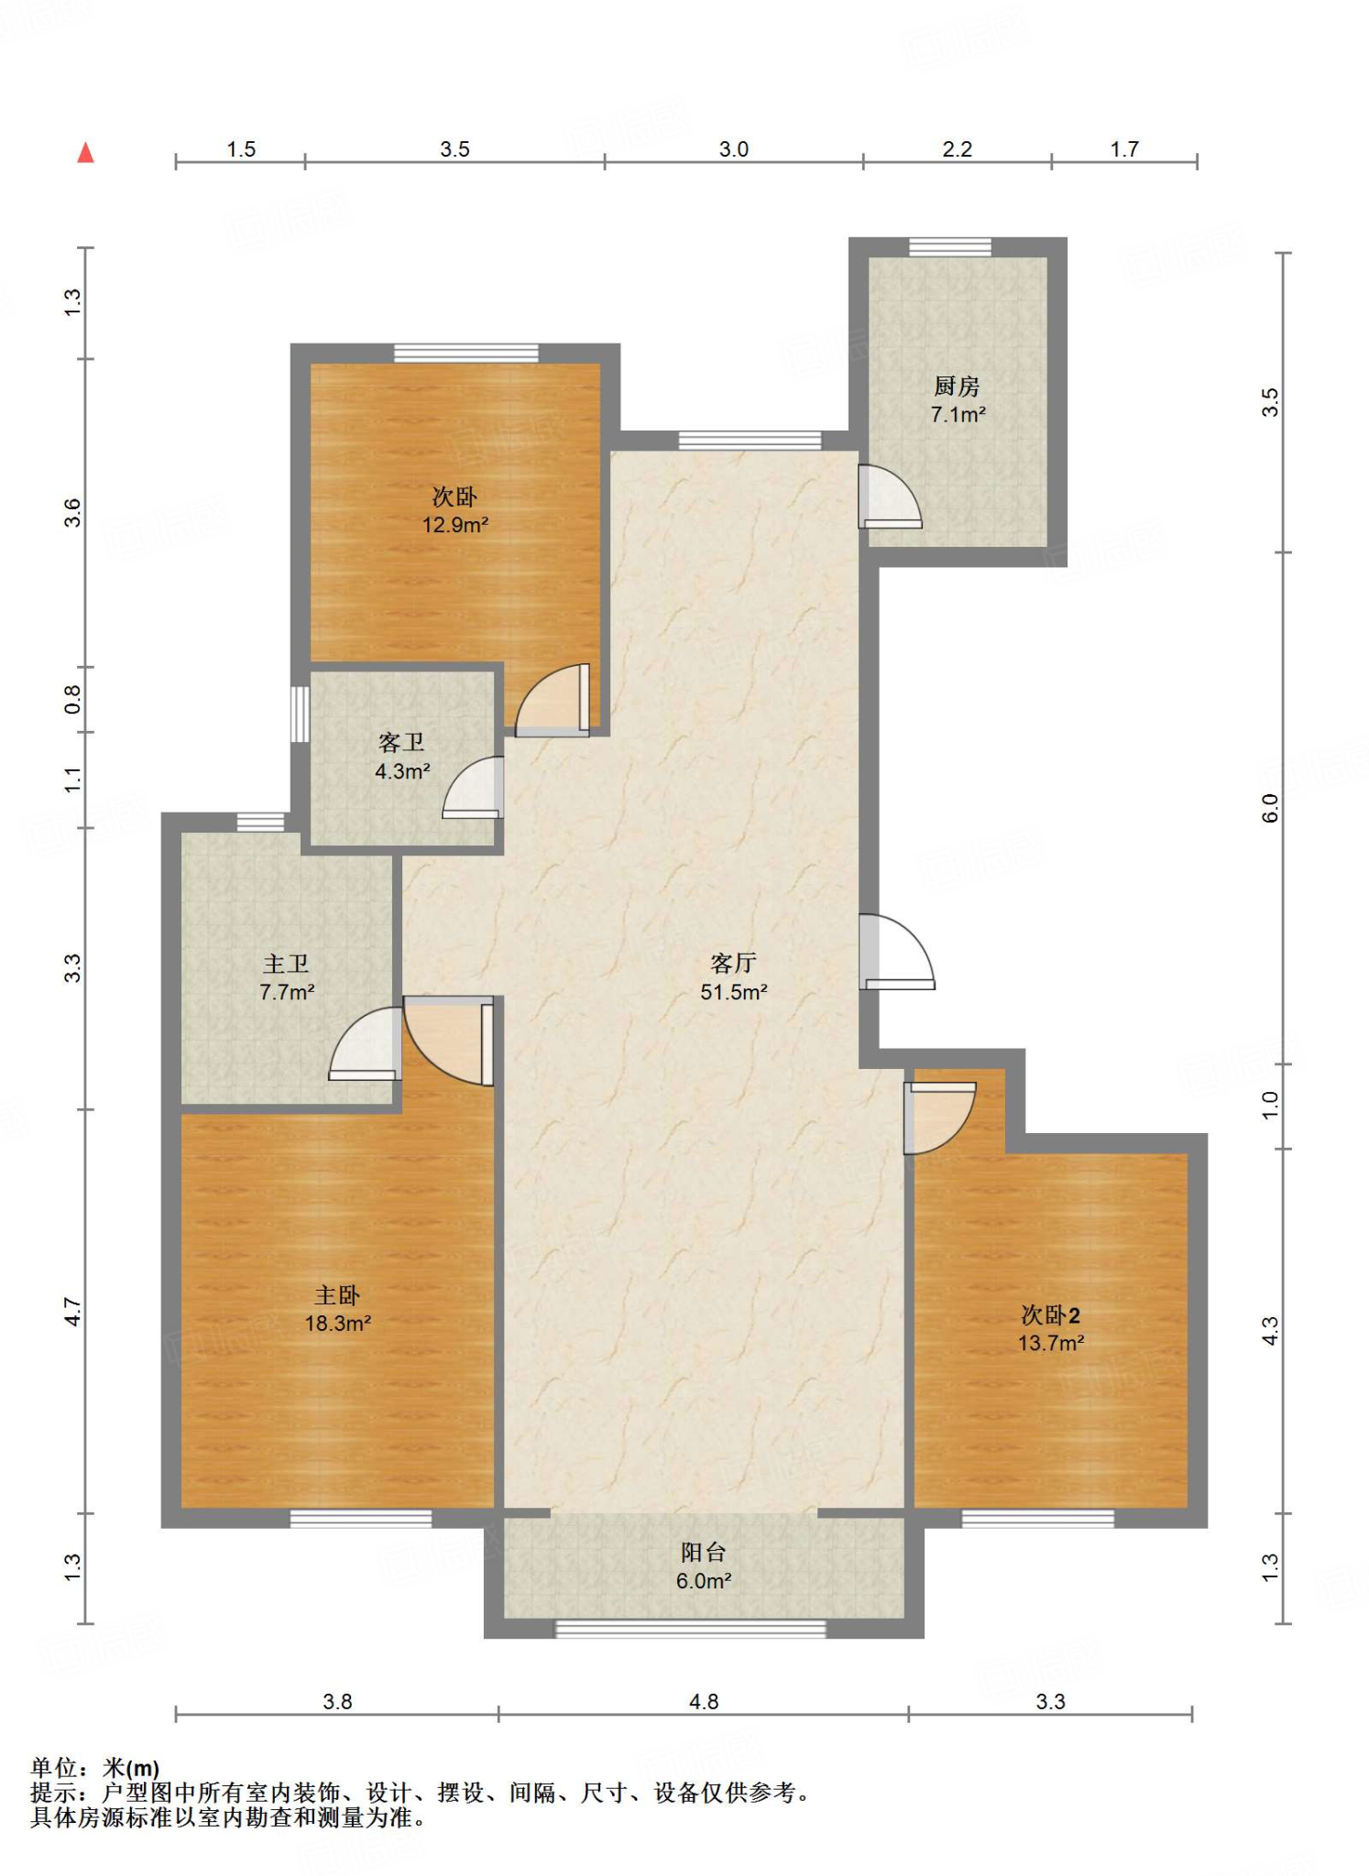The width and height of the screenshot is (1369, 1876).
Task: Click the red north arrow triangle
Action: [x=85, y=152]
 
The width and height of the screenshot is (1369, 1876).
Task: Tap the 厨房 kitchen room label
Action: [x=957, y=387]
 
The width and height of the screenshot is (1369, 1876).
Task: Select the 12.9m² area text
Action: [x=455, y=525]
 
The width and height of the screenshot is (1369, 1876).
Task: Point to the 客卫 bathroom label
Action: [x=401, y=743]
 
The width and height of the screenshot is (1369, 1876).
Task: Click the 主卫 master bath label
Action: [x=286, y=964]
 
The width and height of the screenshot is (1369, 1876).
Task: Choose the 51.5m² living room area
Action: [x=733, y=992]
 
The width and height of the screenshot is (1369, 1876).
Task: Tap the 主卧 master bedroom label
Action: [x=337, y=1295]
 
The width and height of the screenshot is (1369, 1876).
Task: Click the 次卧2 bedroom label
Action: [x=1050, y=1315]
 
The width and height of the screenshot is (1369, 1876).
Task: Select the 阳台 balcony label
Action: [x=703, y=1553]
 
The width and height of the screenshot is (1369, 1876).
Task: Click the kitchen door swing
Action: [x=890, y=496]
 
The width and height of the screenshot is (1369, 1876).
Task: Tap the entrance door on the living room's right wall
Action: [x=896, y=952]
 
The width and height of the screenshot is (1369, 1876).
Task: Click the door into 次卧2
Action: [x=939, y=1118]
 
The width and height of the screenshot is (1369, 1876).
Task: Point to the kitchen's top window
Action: [x=949, y=246]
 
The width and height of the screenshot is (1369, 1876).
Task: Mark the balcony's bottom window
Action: [x=691, y=1629]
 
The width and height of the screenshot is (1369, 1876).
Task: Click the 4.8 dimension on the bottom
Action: [x=704, y=1702]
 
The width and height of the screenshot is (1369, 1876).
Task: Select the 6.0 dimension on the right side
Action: [x=1270, y=808]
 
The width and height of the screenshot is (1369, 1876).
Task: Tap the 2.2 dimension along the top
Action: [x=958, y=149]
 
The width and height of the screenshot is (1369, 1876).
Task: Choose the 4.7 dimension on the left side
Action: [x=72, y=1312]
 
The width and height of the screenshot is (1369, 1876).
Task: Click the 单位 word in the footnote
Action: [x=54, y=1768]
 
